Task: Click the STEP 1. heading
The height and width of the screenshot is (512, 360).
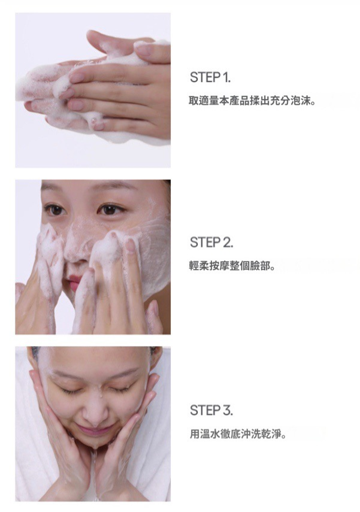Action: [210, 77]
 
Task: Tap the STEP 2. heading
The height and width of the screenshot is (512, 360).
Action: [211, 243]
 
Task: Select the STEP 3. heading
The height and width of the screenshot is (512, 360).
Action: [211, 410]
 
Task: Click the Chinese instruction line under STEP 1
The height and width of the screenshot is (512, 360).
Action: [253, 101]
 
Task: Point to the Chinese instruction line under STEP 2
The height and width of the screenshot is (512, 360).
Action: [232, 266]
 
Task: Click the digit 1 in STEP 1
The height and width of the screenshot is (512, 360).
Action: [225, 77]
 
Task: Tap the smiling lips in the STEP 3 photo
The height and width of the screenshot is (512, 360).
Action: [94, 430]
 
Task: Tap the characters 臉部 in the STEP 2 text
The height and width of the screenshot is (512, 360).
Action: [261, 266]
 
